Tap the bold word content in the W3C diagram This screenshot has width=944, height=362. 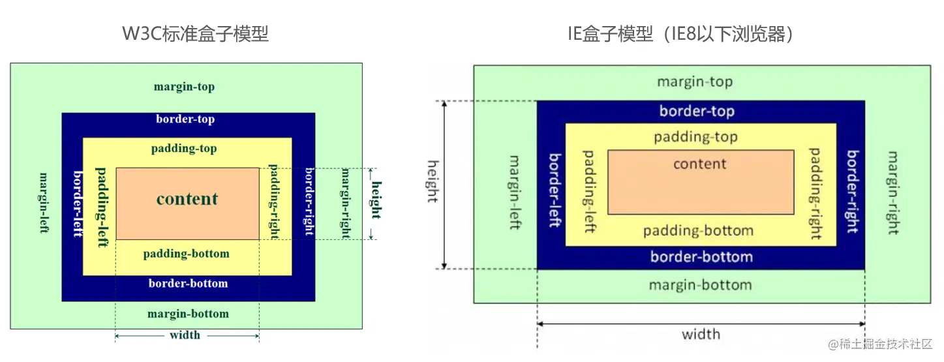pos(187,199)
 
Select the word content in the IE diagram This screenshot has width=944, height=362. pos(699,164)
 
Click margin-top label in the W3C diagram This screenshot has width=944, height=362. pos(184,87)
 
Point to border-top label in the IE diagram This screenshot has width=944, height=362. pos(697,111)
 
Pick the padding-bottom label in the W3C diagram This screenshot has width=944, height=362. pos(187,253)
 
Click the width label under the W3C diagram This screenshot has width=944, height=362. pos(185,335)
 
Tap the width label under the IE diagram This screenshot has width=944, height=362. pos(701,335)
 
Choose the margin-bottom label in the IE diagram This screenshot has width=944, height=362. pos(700,285)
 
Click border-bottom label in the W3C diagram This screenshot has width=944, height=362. pos(188,283)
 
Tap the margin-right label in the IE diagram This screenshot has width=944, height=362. pos(893,193)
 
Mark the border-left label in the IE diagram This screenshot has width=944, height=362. pos(555,190)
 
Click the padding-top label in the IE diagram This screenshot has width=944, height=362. pos(695,137)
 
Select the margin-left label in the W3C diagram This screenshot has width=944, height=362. pos(44,203)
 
